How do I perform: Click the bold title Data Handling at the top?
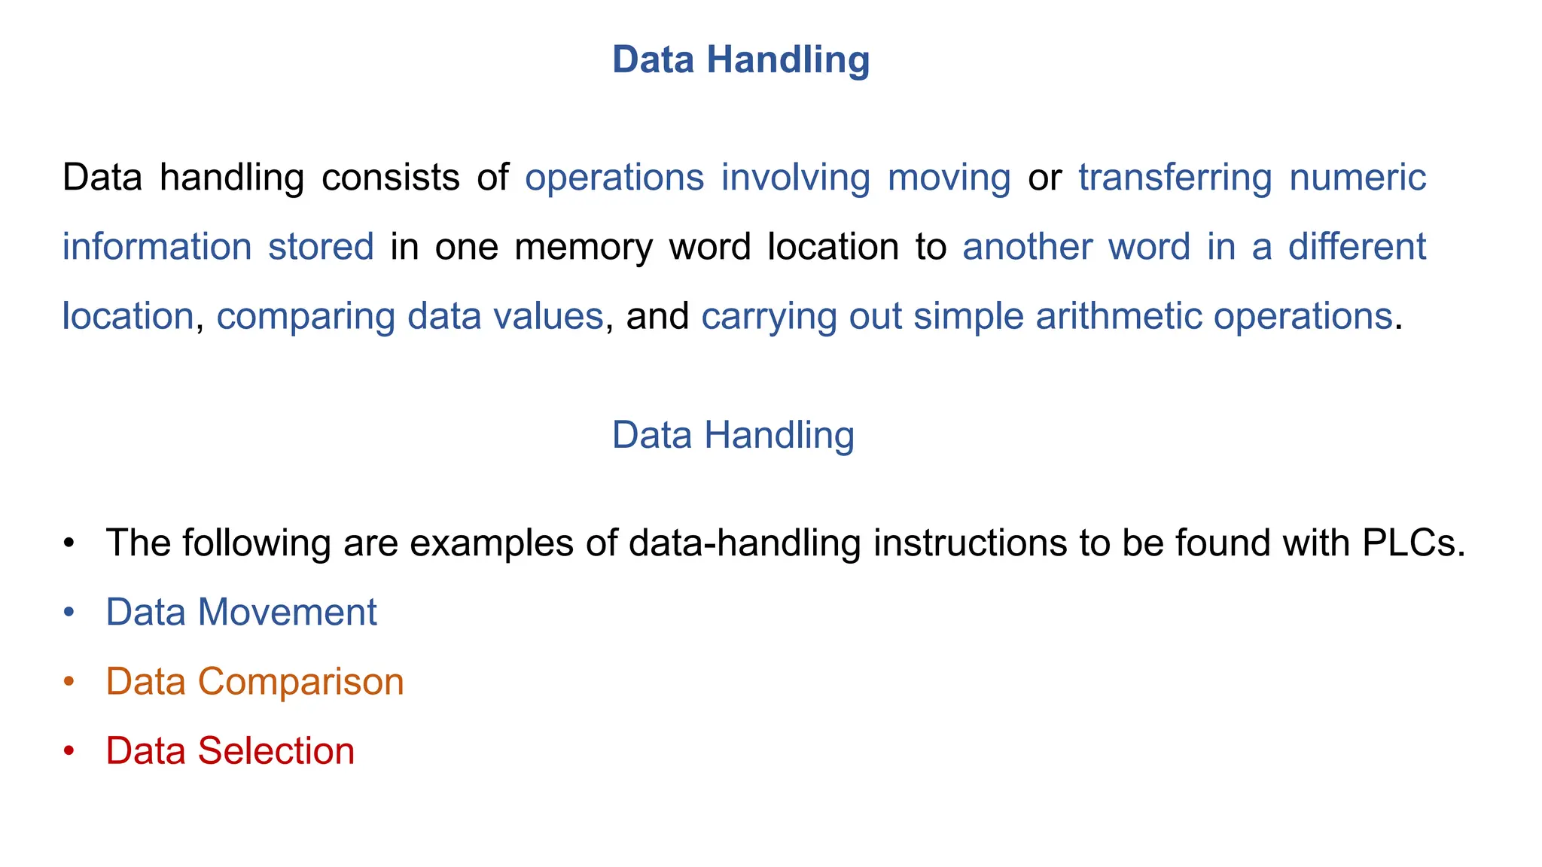click(x=741, y=59)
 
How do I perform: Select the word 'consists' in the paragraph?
click(x=390, y=178)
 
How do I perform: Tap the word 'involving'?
click(x=795, y=178)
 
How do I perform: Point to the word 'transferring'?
click(x=1175, y=178)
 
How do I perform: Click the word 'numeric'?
click(x=1358, y=178)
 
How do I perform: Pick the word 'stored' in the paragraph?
click(x=321, y=247)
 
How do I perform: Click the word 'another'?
click(x=1027, y=247)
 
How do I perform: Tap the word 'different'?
click(x=1357, y=247)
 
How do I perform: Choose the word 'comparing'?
click(x=305, y=317)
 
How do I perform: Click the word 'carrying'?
click(x=768, y=317)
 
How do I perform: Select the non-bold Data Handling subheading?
click(x=733, y=435)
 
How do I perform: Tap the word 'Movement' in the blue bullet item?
click(x=287, y=612)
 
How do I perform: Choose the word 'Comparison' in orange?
click(x=300, y=682)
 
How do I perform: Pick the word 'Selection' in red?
click(x=276, y=751)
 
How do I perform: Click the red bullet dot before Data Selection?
click(x=69, y=751)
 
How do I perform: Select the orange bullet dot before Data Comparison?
click(x=69, y=682)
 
